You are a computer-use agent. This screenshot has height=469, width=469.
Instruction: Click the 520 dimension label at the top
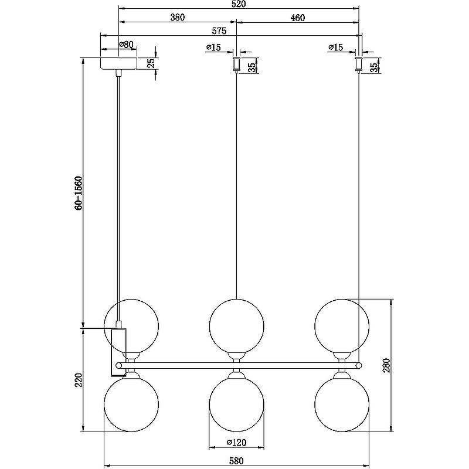(x=239, y=4)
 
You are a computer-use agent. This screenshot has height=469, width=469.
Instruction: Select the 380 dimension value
(x=178, y=18)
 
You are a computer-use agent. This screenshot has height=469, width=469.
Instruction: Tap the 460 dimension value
(x=298, y=18)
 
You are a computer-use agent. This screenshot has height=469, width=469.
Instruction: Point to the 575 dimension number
(x=219, y=31)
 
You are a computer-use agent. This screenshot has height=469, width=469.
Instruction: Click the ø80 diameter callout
(x=126, y=45)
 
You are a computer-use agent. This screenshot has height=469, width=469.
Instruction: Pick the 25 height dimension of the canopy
(x=151, y=63)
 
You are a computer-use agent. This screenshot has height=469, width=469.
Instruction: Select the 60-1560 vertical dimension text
(x=79, y=193)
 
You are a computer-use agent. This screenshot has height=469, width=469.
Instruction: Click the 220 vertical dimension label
(x=79, y=380)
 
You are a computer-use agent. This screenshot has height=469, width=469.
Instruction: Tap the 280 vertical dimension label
(x=386, y=365)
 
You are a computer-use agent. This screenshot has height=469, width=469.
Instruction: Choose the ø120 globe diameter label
(x=236, y=442)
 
